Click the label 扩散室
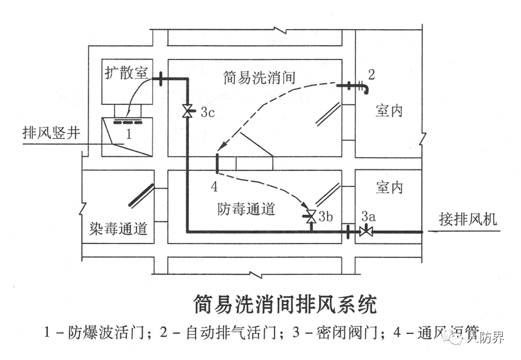tap(126, 73)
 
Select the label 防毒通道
tap(246, 209)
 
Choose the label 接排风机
tap(472, 219)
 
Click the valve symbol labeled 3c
tap(188, 111)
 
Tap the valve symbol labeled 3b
tap(310, 216)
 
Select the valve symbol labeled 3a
tap(366, 231)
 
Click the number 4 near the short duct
tap(214, 185)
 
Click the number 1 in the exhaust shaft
tap(128, 132)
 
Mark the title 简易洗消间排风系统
tap(284, 303)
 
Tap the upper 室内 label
tap(389, 111)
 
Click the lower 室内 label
tap(389, 186)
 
